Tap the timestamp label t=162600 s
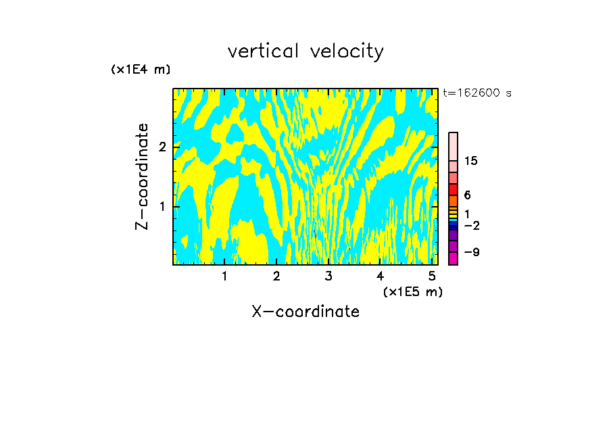[476, 93]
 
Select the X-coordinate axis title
[305, 312]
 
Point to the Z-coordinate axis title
[142, 176]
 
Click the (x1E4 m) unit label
[141, 70]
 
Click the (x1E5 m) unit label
[412, 291]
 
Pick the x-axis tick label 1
[224, 276]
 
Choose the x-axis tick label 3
[328, 276]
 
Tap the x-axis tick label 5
[431, 276]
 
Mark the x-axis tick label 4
[380, 276]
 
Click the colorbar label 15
[471, 161]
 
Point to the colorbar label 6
[467, 195]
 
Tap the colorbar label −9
[471, 252]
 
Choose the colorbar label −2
[471, 225]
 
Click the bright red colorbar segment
[453, 189]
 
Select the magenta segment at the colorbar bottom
[453, 258]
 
